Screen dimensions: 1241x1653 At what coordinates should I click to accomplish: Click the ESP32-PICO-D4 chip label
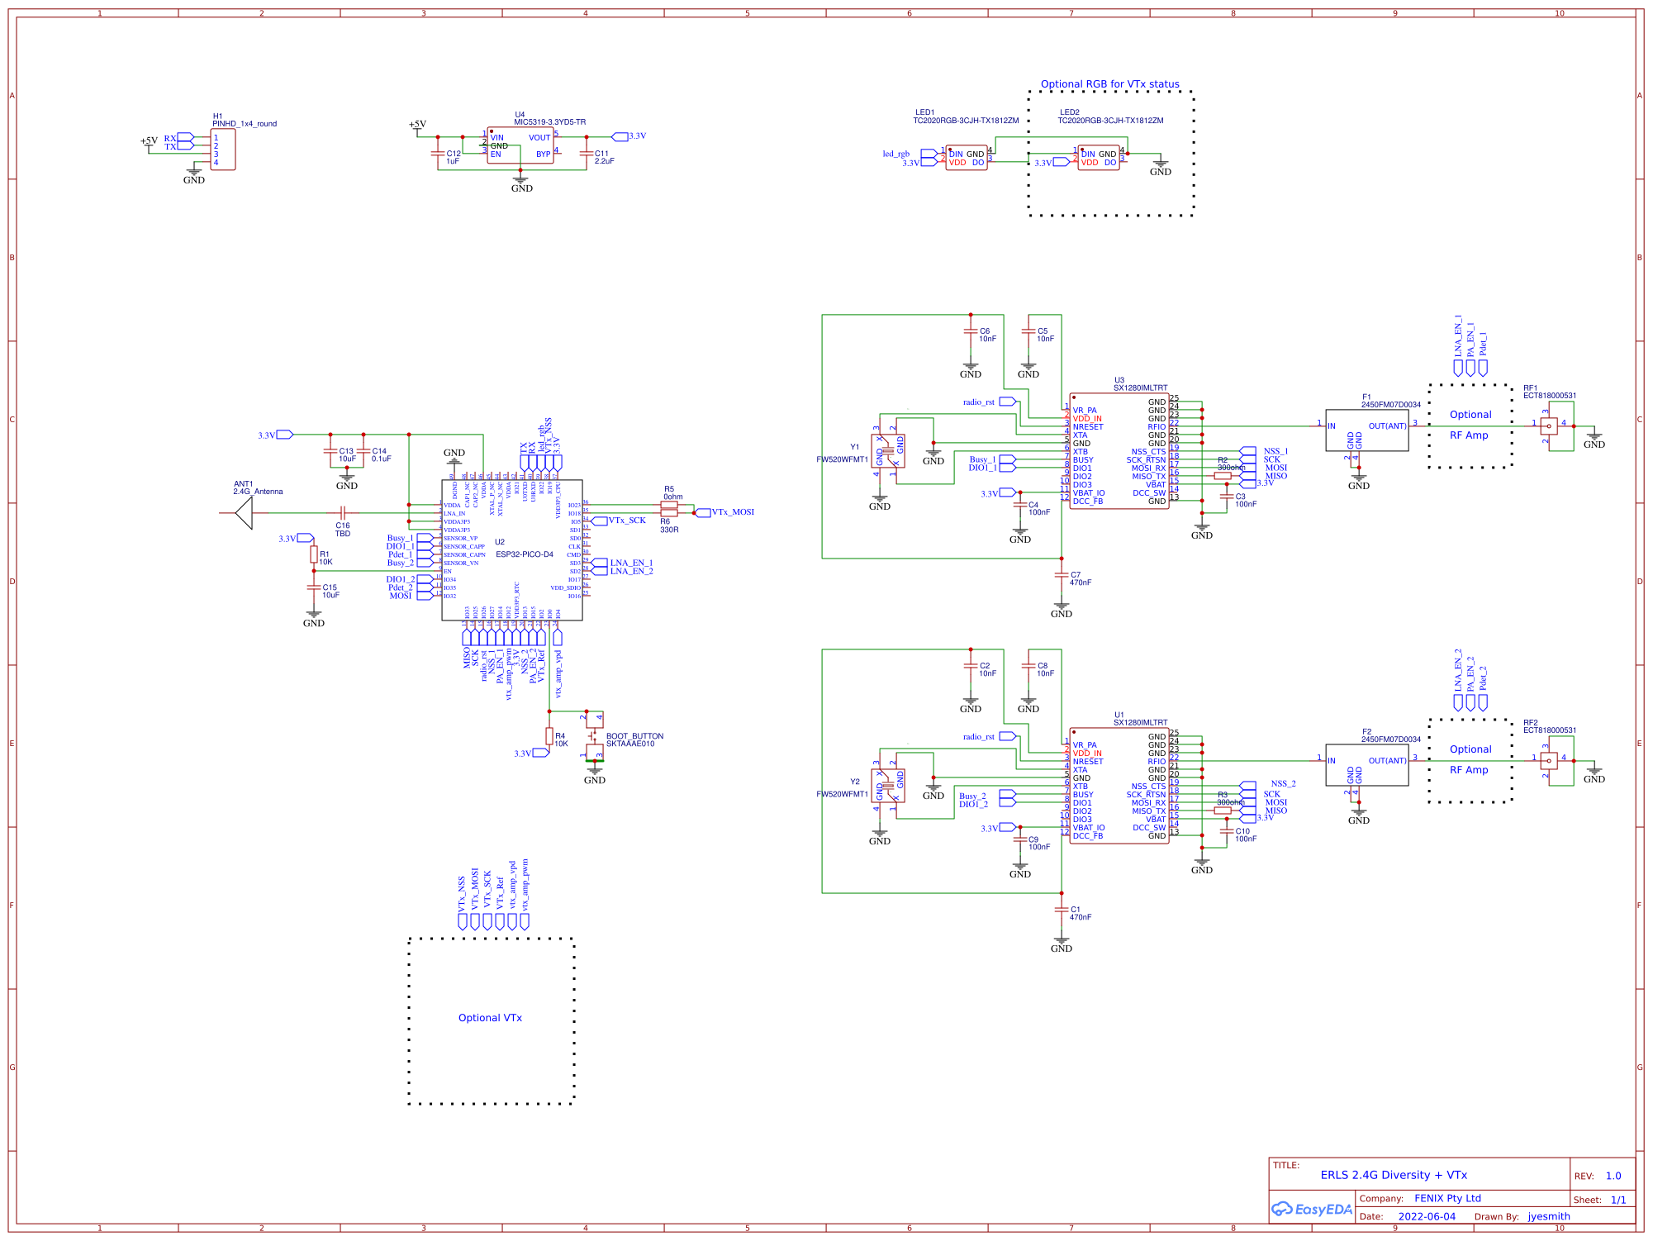tap(524, 554)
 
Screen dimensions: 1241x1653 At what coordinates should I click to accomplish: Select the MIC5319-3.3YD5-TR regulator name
tap(549, 122)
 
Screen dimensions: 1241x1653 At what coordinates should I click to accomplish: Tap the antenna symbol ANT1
tap(244, 513)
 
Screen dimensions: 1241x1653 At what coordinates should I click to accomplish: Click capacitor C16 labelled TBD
tap(343, 513)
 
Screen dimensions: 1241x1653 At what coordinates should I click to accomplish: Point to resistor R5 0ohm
tap(669, 504)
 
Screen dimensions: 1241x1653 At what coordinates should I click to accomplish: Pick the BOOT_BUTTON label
tap(634, 736)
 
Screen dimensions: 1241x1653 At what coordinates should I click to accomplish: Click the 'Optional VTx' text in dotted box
tap(490, 1018)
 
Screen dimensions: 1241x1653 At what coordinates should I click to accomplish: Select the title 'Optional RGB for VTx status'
tap(1109, 84)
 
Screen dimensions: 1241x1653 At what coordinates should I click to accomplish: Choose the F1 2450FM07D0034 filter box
tap(1366, 430)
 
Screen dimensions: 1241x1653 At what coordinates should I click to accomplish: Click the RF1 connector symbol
tap(1548, 426)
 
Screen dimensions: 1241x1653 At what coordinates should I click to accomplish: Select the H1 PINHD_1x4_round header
tap(223, 150)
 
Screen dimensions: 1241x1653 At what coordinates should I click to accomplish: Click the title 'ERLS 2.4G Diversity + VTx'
tap(1393, 1175)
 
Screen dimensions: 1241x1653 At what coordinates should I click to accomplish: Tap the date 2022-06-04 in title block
tap(1427, 1216)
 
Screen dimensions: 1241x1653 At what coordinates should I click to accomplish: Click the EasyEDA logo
tap(1312, 1209)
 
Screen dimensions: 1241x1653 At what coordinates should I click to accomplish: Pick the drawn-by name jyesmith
tap(1548, 1216)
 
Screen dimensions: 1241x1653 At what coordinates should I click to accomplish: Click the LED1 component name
tap(924, 112)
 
